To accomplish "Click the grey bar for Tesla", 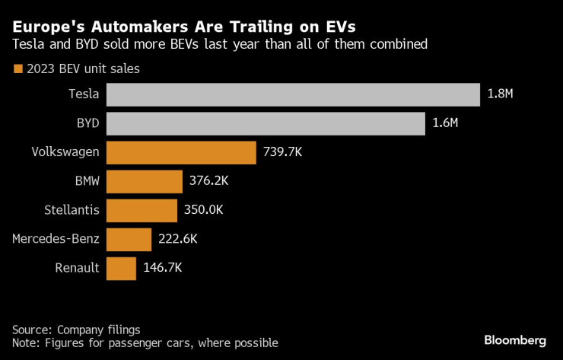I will pos(293,94).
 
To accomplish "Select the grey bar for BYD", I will pos(266,123).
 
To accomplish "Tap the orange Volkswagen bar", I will pos(181,152).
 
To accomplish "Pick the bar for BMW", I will pos(145,181).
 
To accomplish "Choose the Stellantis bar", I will pos(142,210).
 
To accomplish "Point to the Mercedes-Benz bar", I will pos(129,239).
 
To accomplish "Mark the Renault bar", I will pos(121,268).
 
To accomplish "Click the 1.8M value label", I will pos(500,94).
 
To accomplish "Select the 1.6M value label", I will pos(445,123).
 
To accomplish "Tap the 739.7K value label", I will pos(282,152).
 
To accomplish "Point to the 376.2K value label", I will pos(208,181).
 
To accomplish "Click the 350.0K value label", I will pos(203,210).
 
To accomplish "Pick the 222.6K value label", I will pos(177,239).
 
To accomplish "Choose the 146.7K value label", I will pos(162,268).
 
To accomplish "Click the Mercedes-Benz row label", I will pos(56,239).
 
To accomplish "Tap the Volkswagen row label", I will pos(65,152).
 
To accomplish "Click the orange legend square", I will pos(17,69).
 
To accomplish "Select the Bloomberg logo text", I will pos(515,339).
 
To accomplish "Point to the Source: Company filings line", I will pos(76,330).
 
